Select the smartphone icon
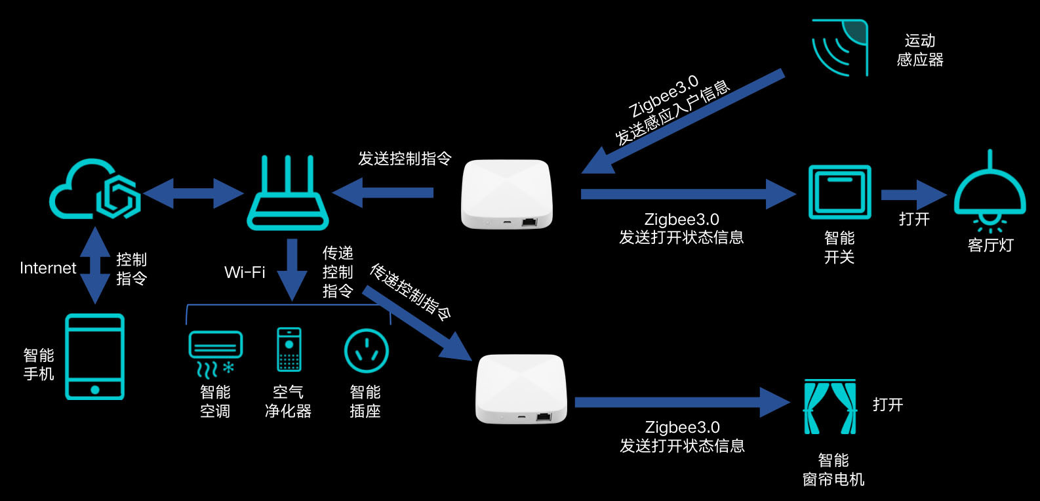tap(94, 357)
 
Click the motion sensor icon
tap(840, 48)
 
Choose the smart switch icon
tap(839, 192)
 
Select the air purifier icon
tap(289, 350)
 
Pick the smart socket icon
tap(366, 351)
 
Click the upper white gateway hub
tap(506, 194)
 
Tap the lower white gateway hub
tap(521, 390)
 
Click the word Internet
tap(48, 268)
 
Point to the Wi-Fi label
tap(245, 272)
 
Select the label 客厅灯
tap(990, 246)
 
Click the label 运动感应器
tap(920, 50)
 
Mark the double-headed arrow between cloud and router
tap(193, 193)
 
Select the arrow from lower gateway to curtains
tap(682, 402)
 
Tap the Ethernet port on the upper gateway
tap(529, 222)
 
